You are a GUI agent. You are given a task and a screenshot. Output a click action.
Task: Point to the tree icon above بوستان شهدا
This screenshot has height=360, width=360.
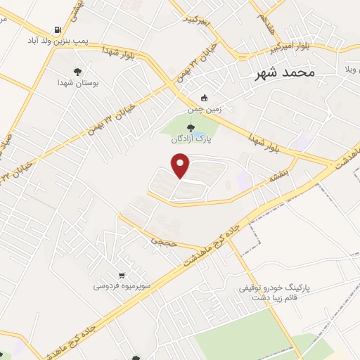pos(77,72)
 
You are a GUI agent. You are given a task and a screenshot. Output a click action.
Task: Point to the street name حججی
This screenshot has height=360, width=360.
pos(159,240)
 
